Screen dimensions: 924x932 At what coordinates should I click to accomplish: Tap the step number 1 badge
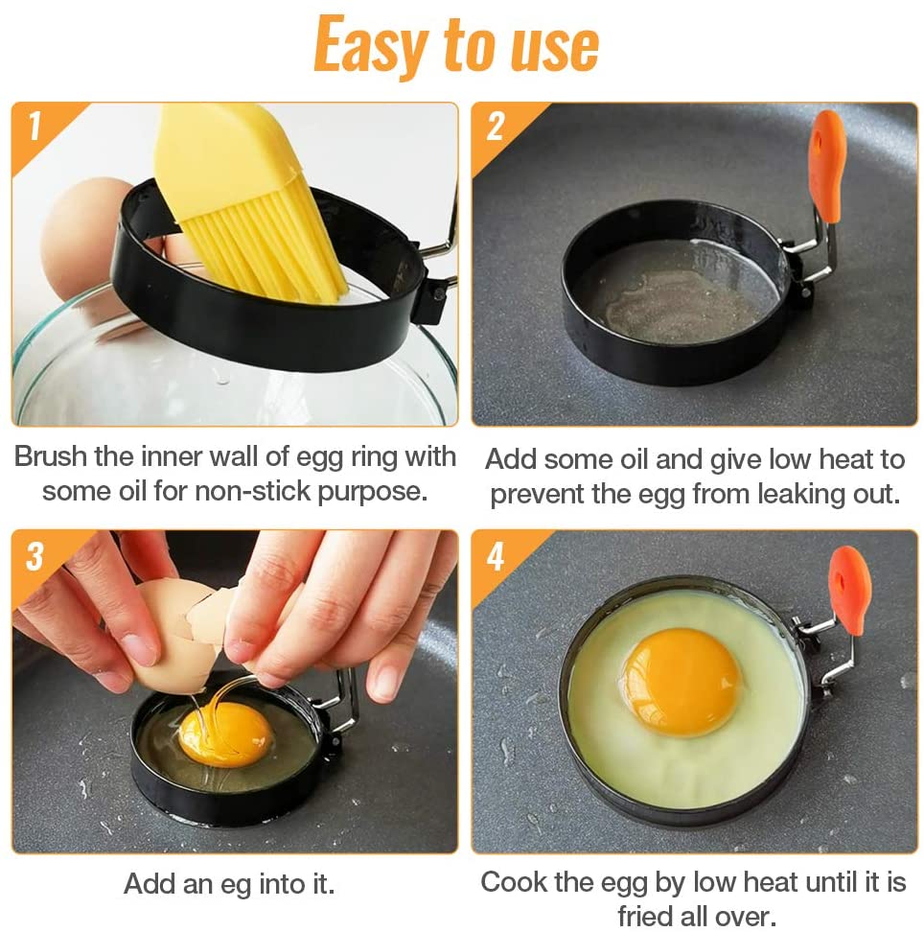35,127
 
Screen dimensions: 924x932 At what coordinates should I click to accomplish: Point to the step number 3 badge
35,556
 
